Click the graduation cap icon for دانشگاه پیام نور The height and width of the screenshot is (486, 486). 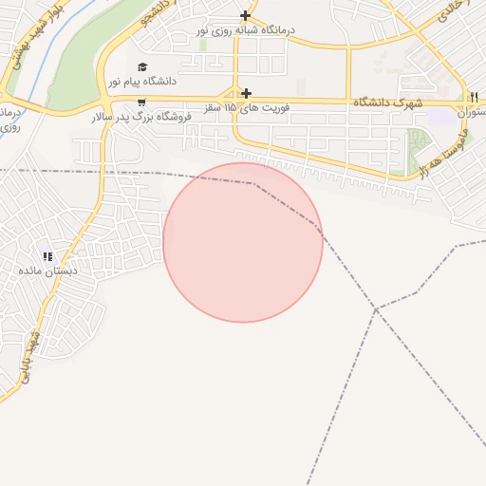(x=141, y=67)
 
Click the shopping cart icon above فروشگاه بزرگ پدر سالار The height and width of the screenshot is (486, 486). (x=141, y=103)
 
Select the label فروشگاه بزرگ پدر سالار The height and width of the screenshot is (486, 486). (x=141, y=117)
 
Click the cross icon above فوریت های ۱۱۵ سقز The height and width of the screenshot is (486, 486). (x=247, y=93)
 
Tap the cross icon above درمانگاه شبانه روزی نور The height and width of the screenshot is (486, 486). (x=246, y=15)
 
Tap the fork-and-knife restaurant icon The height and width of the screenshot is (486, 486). (x=474, y=97)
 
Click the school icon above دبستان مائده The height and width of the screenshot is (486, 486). (x=47, y=256)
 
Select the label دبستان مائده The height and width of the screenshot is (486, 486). (x=47, y=271)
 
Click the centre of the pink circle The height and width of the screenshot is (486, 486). (x=243, y=242)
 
